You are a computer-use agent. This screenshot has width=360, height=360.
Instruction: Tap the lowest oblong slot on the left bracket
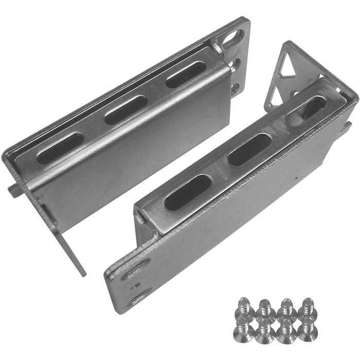61,148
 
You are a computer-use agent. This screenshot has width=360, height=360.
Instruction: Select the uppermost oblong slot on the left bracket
184,76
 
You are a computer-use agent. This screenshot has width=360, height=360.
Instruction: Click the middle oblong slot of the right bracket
249,149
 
